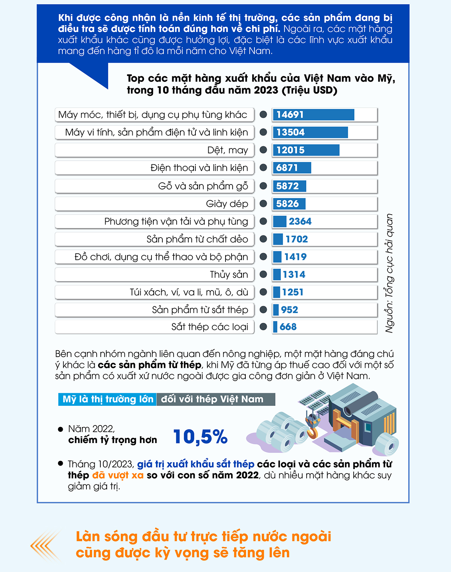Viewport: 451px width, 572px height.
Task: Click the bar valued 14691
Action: pyautogui.click(x=313, y=115)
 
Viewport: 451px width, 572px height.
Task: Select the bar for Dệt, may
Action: pyautogui.click(x=306, y=150)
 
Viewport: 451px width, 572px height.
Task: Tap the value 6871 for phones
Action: pyautogui.click(x=287, y=168)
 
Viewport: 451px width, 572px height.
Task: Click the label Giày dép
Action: pyautogui.click(x=227, y=204)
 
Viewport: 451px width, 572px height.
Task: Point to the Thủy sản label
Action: pyautogui.click(x=229, y=274)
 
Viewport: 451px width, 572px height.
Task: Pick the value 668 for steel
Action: pyautogui.click(x=288, y=327)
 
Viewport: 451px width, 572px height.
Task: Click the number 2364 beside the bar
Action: pyautogui.click(x=300, y=221)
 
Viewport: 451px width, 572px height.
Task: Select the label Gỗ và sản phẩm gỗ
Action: pyautogui.click(x=203, y=186)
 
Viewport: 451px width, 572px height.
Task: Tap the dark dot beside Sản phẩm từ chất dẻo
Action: pyautogui.click(x=263, y=239)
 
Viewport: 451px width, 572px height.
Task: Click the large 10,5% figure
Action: pyautogui.click(x=200, y=437)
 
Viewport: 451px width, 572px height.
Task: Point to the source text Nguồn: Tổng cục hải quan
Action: pyautogui.click(x=389, y=273)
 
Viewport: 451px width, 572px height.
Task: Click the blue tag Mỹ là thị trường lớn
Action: pyautogui.click(x=107, y=399)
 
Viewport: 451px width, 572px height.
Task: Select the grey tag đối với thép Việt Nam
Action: pyautogui.click(x=216, y=399)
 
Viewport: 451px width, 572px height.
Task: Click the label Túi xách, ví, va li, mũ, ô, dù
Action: pyautogui.click(x=189, y=292)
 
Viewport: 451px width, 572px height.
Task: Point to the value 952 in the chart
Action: pyautogui.click(x=289, y=310)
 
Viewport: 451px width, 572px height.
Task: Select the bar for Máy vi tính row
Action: pyautogui.click(x=310, y=132)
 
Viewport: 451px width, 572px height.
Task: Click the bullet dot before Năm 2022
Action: pyautogui.click(x=61, y=429)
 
